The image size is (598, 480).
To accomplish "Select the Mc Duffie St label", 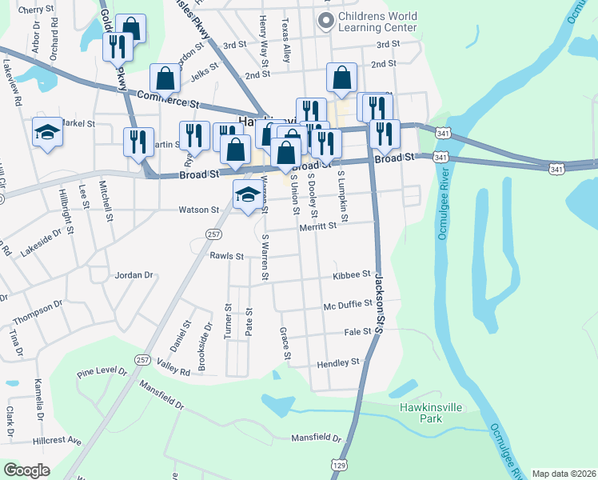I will [x=348, y=305].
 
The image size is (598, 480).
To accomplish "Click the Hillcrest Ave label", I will [x=58, y=441].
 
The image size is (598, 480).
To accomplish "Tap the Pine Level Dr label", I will [x=102, y=373].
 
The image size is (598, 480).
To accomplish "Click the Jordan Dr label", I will [x=134, y=275].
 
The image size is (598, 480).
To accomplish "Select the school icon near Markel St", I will [x=47, y=133].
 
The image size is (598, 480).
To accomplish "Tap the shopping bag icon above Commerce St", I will [x=165, y=78].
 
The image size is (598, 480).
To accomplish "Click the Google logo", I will [x=26, y=470].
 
